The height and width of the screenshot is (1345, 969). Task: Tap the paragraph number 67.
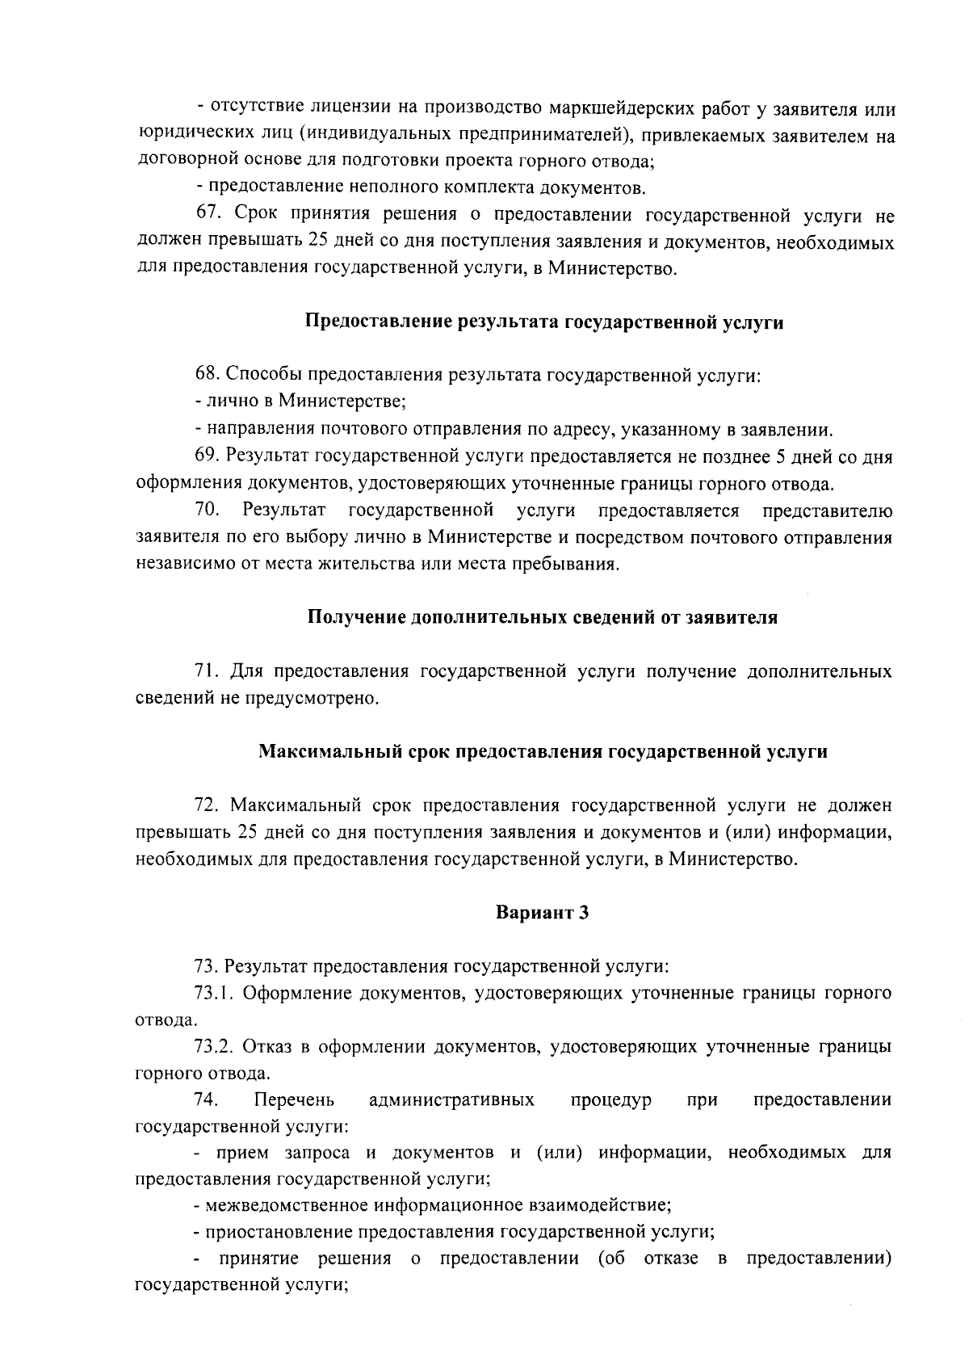click(209, 215)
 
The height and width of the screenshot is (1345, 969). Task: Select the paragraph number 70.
click(208, 511)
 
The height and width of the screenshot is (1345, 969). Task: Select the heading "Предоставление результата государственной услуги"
click(544, 322)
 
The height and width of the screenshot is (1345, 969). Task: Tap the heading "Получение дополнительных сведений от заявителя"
click(543, 618)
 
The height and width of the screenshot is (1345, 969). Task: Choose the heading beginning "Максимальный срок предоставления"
click(543, 752)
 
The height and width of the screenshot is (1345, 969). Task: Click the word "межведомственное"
click(287, 1206)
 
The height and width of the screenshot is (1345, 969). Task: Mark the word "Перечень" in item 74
click(294, 1100)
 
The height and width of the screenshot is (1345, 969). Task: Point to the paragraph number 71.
click(209, 671)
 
